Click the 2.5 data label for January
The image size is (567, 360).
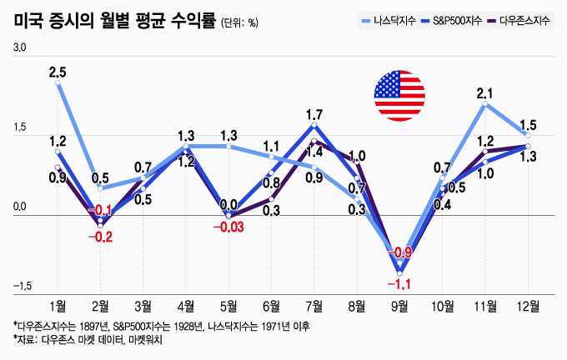(58, 72)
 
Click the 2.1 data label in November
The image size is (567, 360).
(485, 93)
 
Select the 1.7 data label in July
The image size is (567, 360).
(314, 114)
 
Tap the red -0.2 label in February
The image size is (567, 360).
(101, 237)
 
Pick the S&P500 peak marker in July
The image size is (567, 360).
(314, 125)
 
